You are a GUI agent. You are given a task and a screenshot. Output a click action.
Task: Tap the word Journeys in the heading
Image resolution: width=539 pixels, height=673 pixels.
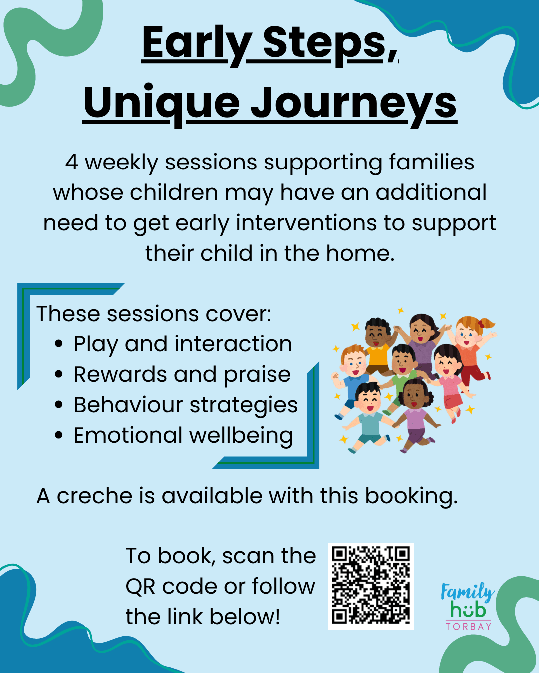(x=353, y=104)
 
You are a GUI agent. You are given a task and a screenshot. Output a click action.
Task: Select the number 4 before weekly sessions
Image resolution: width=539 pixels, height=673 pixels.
(x=71, y=163)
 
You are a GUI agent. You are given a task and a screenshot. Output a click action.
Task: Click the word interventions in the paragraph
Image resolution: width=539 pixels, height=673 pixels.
(x=306, y=223)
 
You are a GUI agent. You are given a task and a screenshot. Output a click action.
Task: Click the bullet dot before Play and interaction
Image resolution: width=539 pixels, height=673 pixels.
(x=58, y=344)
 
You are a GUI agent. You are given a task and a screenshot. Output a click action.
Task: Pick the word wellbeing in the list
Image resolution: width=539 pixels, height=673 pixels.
(x=241, y=435)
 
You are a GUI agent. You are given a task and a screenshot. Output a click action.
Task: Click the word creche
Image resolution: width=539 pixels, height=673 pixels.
(x=95, y=496)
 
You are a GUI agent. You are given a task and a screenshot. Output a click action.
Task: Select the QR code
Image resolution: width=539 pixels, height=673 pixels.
(x=371, y=586)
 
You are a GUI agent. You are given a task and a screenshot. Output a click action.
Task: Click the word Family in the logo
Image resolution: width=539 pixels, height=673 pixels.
(x=467, y=592)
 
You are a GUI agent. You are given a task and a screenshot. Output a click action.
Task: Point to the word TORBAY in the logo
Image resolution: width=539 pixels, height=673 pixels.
(x=468, y=626)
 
